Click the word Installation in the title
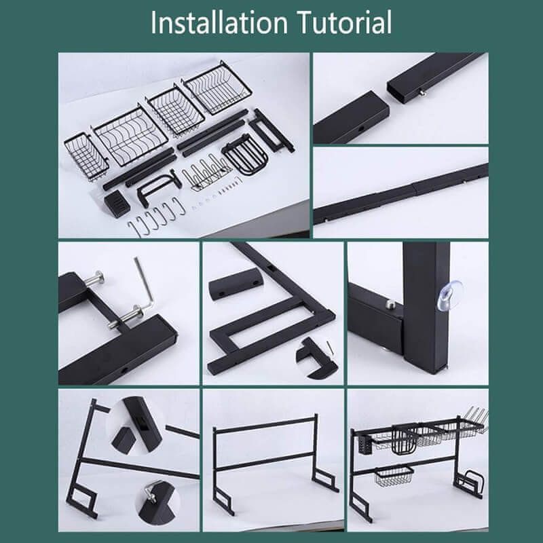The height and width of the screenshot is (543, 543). [x=219, y=22]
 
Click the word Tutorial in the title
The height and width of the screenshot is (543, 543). [x=345, y=22]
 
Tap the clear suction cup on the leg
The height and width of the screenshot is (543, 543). [x=449, y=295]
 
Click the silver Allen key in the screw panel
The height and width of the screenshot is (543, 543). [x=145, y=283]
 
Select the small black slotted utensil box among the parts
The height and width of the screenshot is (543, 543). [x=117, y=204]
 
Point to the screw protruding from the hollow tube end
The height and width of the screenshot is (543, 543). [x=422, y=92]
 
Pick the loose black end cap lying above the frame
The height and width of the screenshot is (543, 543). [x=236, y=284]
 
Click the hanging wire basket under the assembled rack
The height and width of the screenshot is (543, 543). [x=394, y=476]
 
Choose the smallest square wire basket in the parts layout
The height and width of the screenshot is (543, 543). [x=87, y=157]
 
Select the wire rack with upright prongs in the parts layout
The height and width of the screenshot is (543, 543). [x=207, y=173]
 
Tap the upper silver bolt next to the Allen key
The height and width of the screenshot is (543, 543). [x=95, y=279]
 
